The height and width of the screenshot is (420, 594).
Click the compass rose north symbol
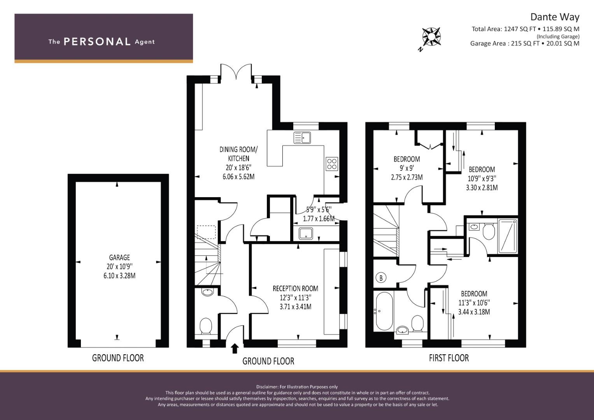click(431, 37)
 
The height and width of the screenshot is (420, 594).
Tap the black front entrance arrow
click(235, 348)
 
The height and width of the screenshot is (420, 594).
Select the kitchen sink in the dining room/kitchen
click(302, 138)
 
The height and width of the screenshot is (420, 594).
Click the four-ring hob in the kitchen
click(332, 164)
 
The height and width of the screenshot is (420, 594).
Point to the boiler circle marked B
click(381, 278)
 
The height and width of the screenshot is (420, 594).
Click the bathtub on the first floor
click(384, 311)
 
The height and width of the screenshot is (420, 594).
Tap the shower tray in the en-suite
click(508, 236)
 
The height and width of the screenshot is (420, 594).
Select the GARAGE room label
click(119, 257)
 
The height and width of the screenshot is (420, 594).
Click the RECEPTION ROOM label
click(295, 289)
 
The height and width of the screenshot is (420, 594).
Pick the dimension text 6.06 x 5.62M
click(238, 177)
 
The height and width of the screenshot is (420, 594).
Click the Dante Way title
click(555, 17)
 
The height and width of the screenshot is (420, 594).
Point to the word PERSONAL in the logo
click(97, 42)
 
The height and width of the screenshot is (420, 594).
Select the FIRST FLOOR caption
click(449, 358)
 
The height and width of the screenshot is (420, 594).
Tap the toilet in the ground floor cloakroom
click(205, 326)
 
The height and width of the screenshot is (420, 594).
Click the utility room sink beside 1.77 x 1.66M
click(306, 234)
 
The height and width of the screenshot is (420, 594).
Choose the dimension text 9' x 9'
click(407, 168)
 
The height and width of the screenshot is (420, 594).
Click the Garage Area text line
click(525, 44)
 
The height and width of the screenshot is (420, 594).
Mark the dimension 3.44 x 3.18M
click(474, 312)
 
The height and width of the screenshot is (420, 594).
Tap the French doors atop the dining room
click(236, 72)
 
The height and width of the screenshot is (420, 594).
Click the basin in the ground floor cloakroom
click(207, 292)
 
